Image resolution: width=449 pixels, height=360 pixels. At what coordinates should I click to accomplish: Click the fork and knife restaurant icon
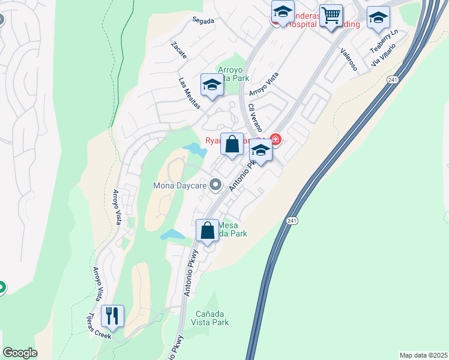tap(112, 315)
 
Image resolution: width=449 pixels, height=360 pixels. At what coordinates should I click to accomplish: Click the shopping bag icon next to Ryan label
tap(232, 145)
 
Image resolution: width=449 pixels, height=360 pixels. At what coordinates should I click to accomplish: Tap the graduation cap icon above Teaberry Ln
tap(378, 18)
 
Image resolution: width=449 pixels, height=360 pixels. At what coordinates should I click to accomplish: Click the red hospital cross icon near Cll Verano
tap(276, 140)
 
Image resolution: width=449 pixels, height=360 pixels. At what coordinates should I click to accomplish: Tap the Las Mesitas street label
tap(188, 89)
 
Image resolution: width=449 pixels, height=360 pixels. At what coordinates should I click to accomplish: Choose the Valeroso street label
tap(349, 60)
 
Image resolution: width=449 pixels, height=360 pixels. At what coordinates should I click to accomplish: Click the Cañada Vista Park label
tap(212, 318)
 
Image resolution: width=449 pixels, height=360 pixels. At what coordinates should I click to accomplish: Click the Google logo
tap(20, 353)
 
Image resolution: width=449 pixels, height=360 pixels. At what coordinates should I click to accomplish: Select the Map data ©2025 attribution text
tap(423, 355)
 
